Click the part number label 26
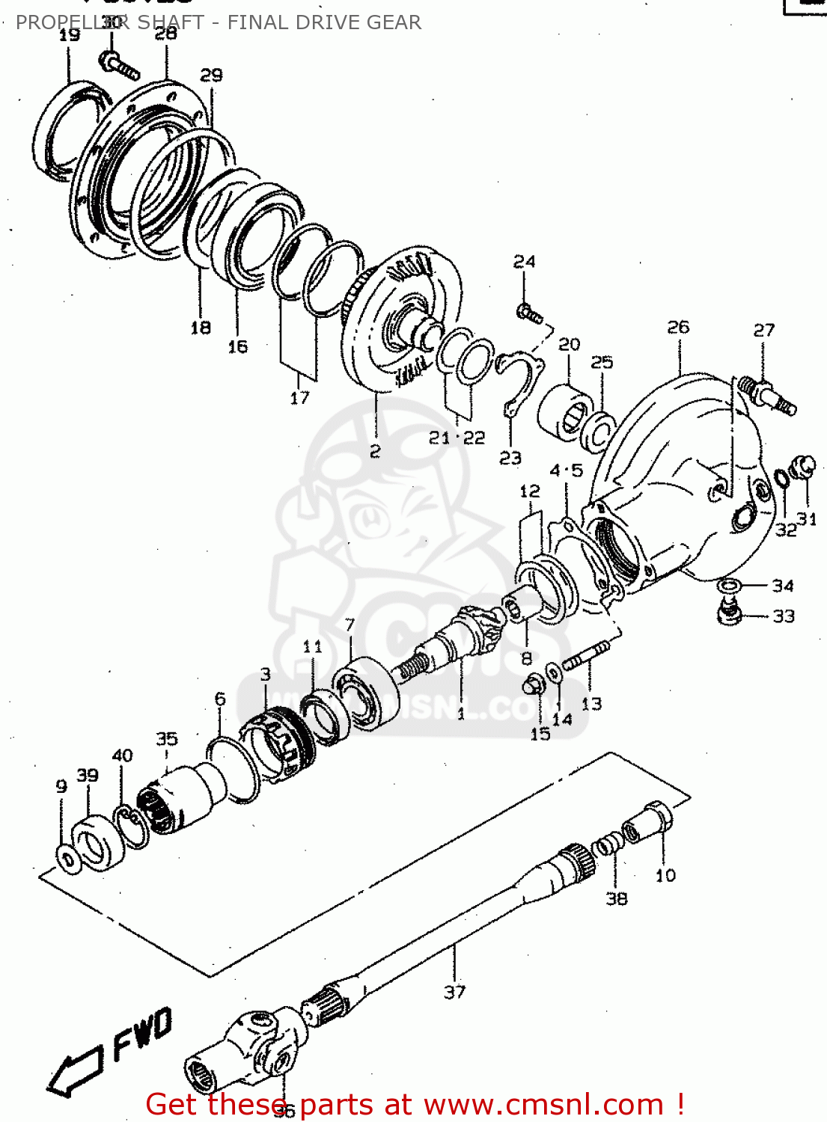[678, 328]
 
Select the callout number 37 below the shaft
[454, 992]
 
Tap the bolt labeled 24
[529, 313]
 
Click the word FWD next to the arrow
[143, 1034]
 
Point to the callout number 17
[299, 398]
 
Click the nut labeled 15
[533, 683]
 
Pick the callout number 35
[166, 739]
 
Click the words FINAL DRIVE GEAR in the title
[324, 22]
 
